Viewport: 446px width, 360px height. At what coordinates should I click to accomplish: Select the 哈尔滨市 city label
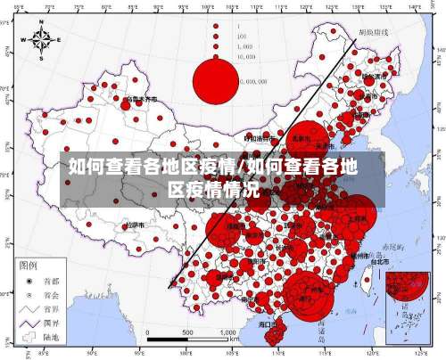pyautogui.click(x=380, y=77)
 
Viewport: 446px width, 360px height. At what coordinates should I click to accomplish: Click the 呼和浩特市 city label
pyautogui.click(x=260, y=138)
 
